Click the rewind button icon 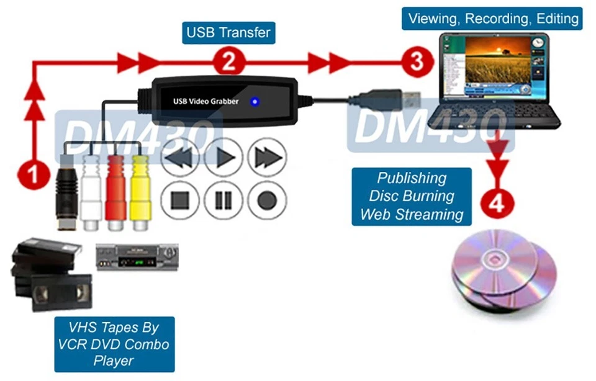coord(179,158)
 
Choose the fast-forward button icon coord(266,158)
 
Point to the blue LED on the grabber coord(255,101)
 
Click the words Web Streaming coord(412,214)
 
